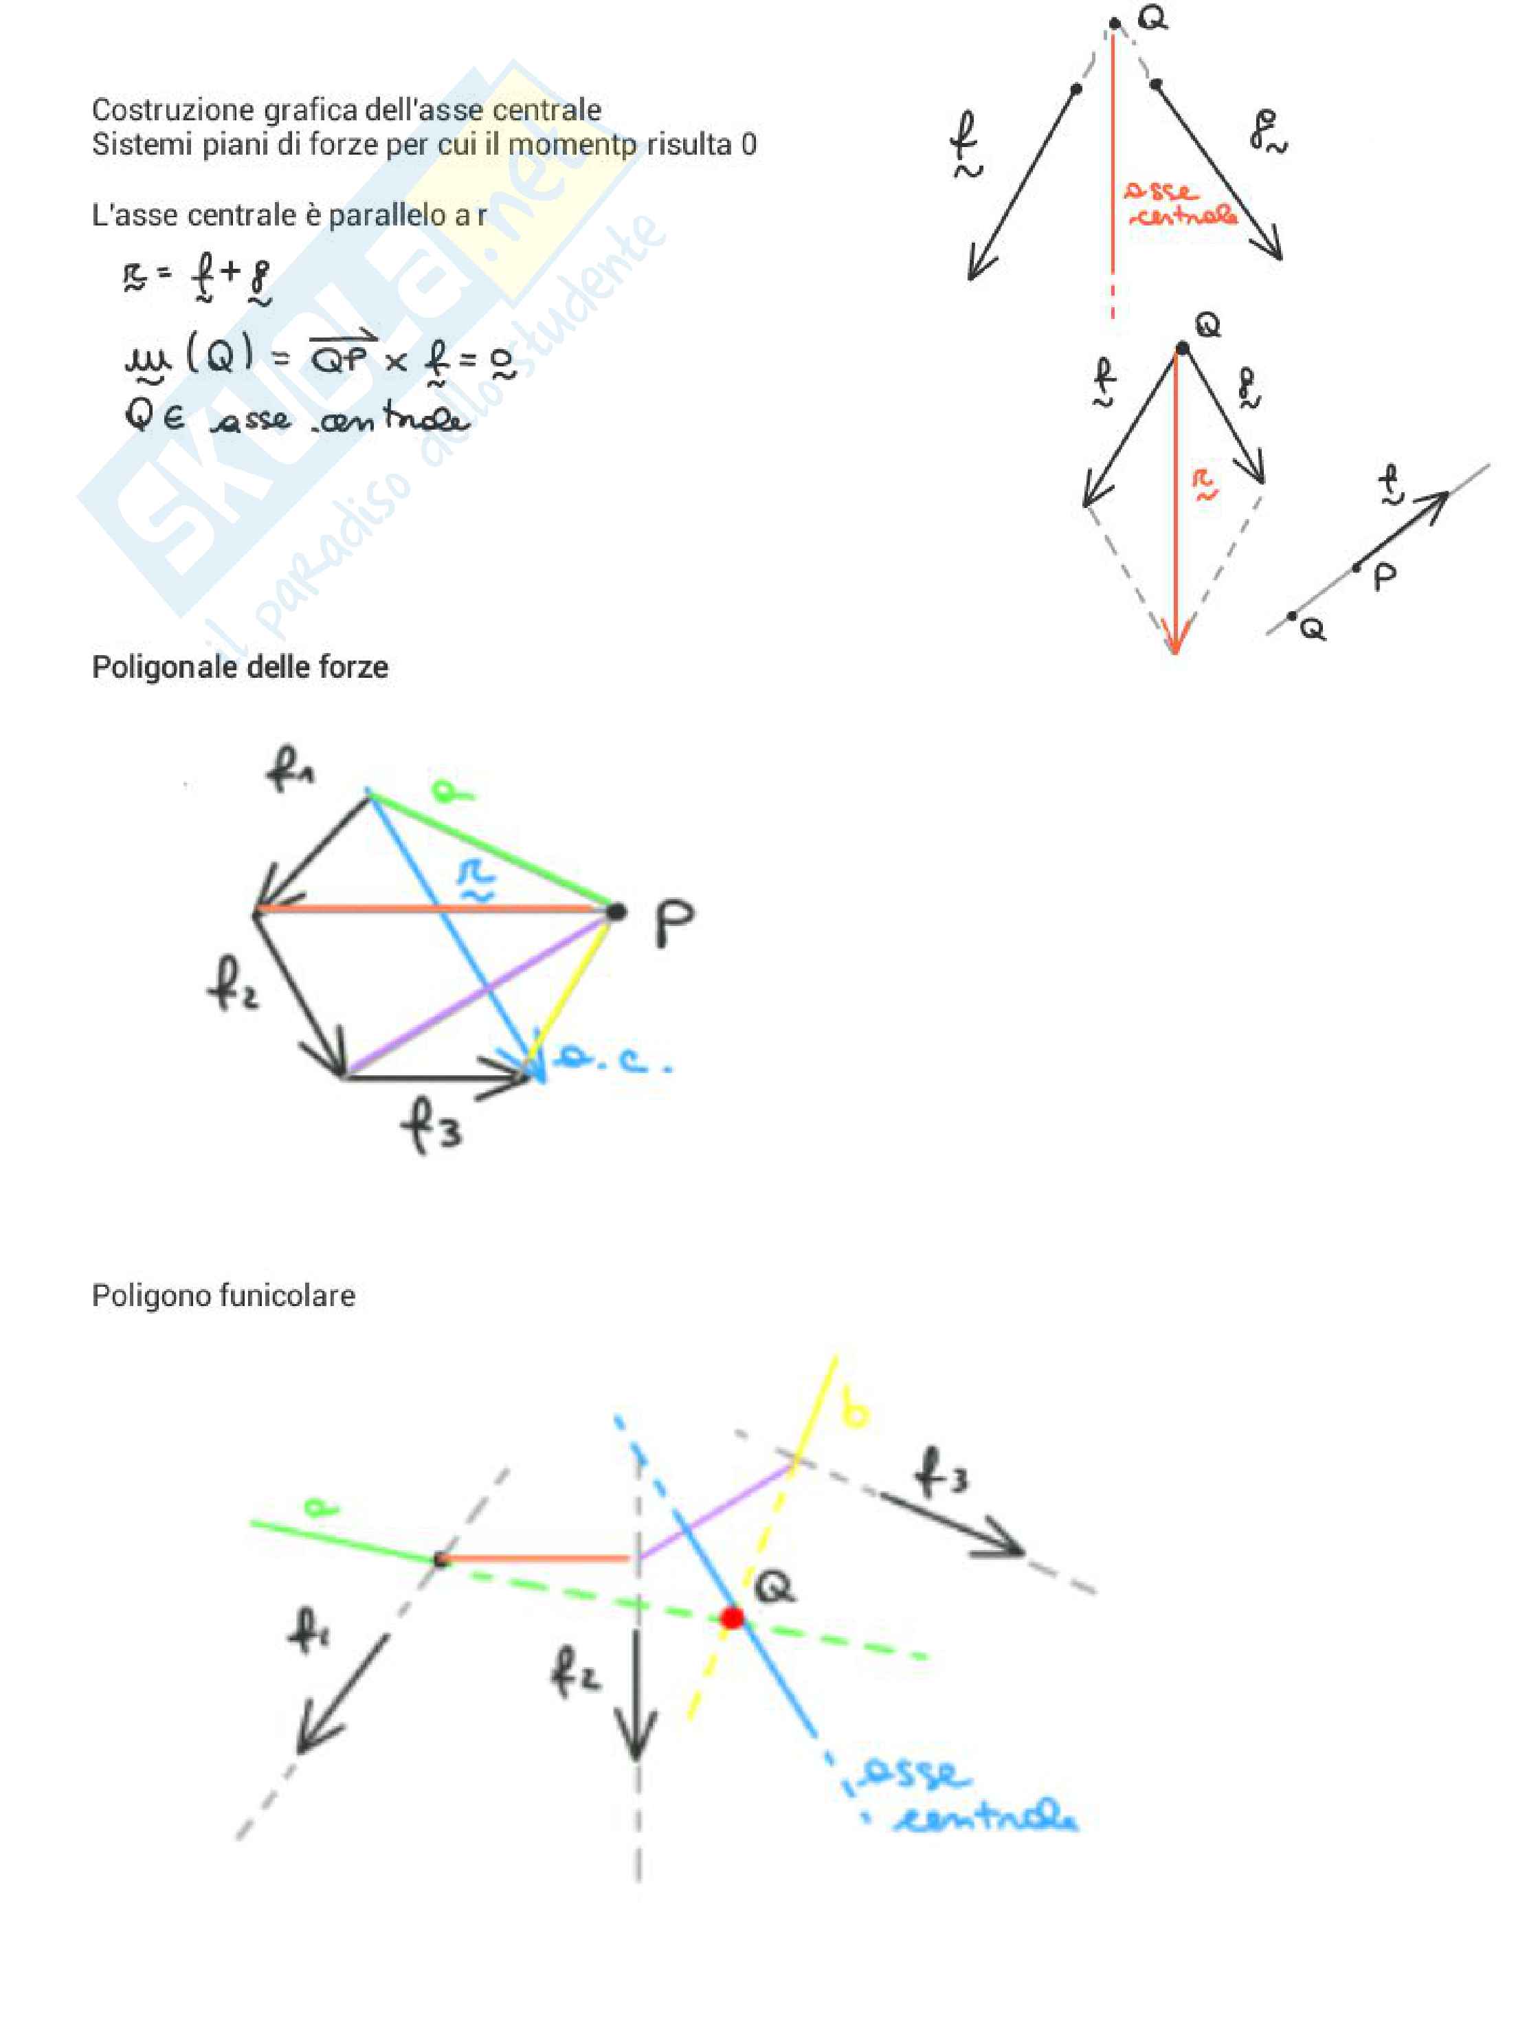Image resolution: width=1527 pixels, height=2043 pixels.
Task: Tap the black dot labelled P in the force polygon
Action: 616,912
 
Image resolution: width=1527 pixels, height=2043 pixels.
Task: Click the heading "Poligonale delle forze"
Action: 239,667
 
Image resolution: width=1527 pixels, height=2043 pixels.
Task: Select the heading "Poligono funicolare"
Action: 223,1295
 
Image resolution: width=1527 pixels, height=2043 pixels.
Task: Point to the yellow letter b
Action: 857,1412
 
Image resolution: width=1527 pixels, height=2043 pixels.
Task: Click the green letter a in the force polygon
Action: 452,791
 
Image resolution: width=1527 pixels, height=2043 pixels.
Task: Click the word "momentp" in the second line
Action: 572,144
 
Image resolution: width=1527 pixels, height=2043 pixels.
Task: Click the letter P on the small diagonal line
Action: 1384,578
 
